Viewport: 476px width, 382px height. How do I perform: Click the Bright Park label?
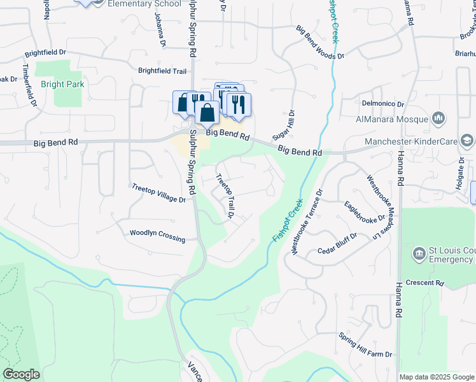click(62, 84)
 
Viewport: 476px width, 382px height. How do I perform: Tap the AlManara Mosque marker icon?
click(438, 118)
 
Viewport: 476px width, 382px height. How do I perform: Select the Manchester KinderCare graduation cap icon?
click(466, 141)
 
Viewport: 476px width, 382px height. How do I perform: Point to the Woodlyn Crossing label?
click(157, 236)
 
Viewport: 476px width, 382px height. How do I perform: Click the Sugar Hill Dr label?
click(284, 125)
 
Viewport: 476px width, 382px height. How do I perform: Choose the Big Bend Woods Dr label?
click(320, 43)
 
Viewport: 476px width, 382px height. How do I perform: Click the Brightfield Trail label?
click(162, 71)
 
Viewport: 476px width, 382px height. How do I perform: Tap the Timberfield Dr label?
click(29, 85)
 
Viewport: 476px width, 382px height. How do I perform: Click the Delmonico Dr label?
click(383, 103)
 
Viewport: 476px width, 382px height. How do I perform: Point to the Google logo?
click(22, 374)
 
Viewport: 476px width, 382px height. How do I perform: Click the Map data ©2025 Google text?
click(436, 377)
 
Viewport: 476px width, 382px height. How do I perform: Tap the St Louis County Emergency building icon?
click(419, 254)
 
